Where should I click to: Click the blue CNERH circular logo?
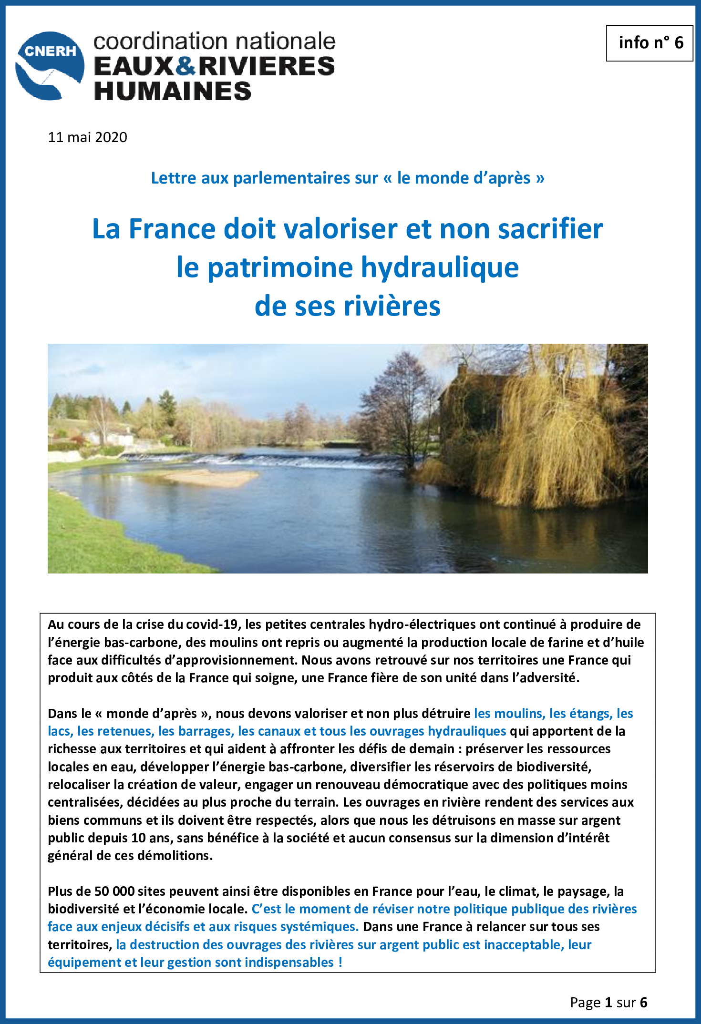click(50, 66)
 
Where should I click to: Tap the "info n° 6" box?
click(649, 43)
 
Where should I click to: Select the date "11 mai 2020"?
click(88, 137)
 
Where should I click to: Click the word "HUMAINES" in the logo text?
click(173, 91)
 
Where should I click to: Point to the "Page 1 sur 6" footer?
click(608, 1003)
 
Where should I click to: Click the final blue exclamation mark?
click(340, 962)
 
